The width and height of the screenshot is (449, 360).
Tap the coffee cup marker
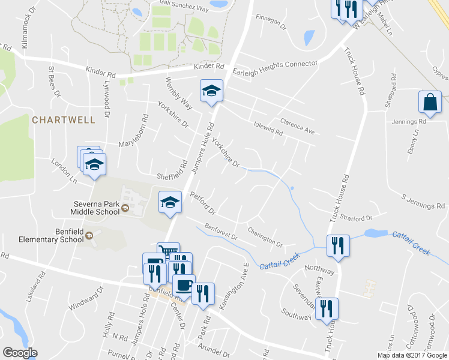[x=184, y=284]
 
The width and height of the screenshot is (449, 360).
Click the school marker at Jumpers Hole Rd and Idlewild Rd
[x=211, y=91]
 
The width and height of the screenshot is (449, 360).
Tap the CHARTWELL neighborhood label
[x=64, y=120]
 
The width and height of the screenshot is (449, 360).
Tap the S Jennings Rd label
[x=423, y=202]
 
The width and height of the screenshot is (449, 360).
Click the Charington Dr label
[x=265, y=236]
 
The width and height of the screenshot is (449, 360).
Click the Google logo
[x=20, y=353]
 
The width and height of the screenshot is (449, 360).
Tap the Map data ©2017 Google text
[x=412, y=355]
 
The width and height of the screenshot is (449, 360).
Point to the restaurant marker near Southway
[x=327, y=308]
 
